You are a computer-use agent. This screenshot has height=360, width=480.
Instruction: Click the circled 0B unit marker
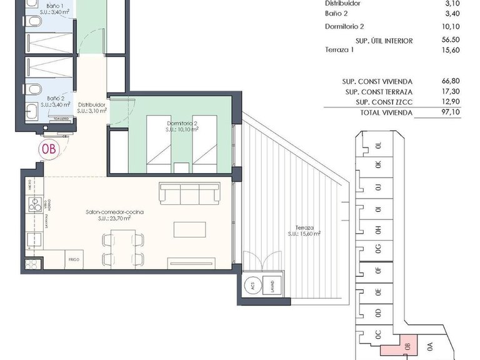pos(48,149)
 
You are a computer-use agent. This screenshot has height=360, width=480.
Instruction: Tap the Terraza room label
pos(305,231)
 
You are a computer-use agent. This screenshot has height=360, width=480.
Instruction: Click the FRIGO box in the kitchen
pos(73,258)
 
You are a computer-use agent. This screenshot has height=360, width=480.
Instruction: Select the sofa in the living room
pos(189,193)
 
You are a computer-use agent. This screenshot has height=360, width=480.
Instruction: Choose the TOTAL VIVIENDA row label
pos(386,112)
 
